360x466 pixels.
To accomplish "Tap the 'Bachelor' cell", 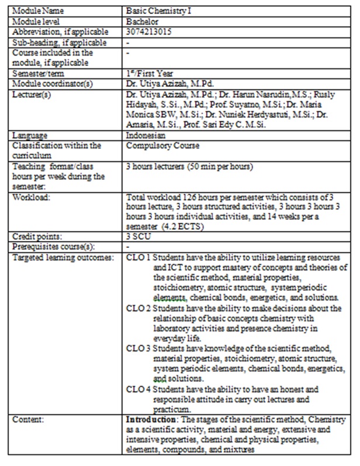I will coord(142,21).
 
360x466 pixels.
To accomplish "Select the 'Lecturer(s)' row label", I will coord(32,93).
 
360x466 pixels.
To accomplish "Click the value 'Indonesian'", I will coord(145,136).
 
